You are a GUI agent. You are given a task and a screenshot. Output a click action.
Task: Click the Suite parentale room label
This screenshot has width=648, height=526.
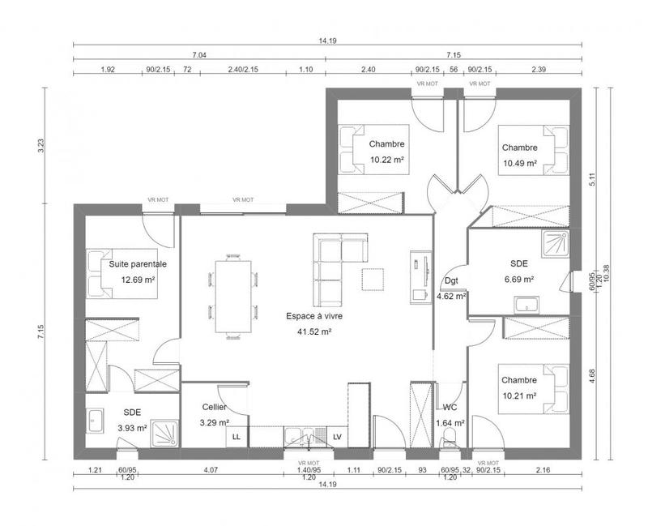[138, 263]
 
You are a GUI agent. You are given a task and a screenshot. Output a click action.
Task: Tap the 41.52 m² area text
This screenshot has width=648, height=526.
[315, 331]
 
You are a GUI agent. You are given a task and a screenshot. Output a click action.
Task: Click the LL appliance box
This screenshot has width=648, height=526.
[237, 437]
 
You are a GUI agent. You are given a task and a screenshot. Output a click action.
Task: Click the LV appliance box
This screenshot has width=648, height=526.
[337, 437]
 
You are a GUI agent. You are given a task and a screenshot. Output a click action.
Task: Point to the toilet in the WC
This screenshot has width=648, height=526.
[450, 438]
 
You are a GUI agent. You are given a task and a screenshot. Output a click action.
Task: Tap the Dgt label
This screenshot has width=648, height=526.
[451, 281]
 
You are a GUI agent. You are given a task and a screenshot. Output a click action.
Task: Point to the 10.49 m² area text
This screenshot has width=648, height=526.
[519, 163]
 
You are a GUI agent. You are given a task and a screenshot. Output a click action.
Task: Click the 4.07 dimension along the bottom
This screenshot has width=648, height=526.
[210, 470]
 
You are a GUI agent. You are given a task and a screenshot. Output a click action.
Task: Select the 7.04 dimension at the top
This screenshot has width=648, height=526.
[198, 55]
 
